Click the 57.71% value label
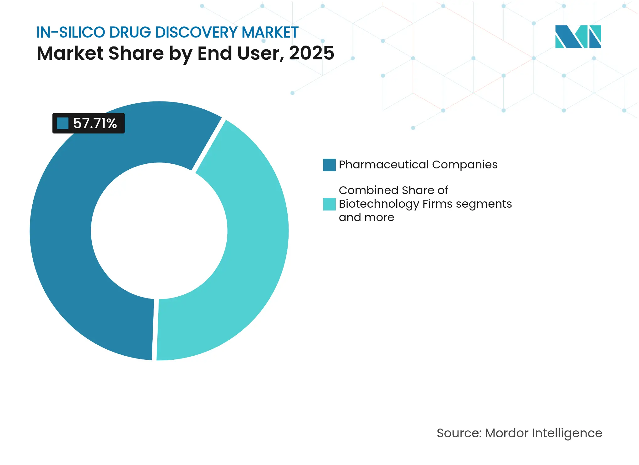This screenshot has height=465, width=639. pyautogui.click(x=95, y=123)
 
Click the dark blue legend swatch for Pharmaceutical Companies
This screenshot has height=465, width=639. pyautogui.click(x=329, y=165)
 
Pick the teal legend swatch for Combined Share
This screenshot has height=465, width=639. pyautogui.click(x=329, y=204)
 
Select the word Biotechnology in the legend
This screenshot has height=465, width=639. pyautogui.click(x=379, y=204)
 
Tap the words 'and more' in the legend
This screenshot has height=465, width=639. pyautogui.click(x=366, y=217)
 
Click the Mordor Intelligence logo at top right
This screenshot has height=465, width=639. pyautogui.click(x=578, y=36)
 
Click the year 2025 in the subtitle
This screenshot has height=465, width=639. pyautogui.click(x=311, y=53)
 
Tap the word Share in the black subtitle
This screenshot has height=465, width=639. pyautogui.click(x=136, y=53)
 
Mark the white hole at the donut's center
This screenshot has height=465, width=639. pyautogui.click(x=159, y=231)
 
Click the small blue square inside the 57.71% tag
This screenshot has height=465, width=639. pyautogui.click(x=62, y=123)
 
